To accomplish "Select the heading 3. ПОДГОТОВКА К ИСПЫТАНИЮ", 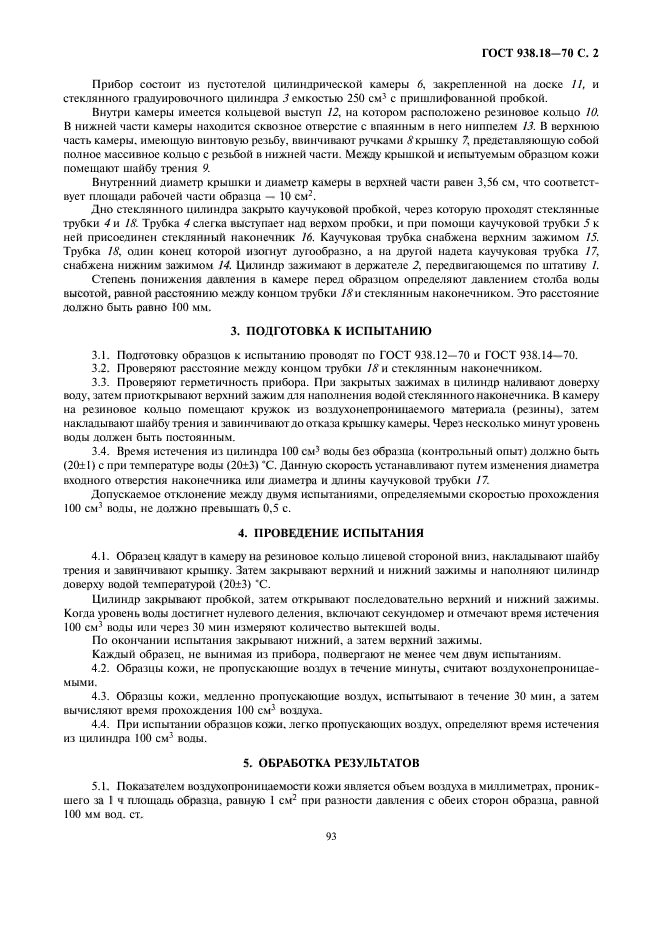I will pos(329,357).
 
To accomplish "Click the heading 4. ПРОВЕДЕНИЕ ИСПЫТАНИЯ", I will pos(329,532).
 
